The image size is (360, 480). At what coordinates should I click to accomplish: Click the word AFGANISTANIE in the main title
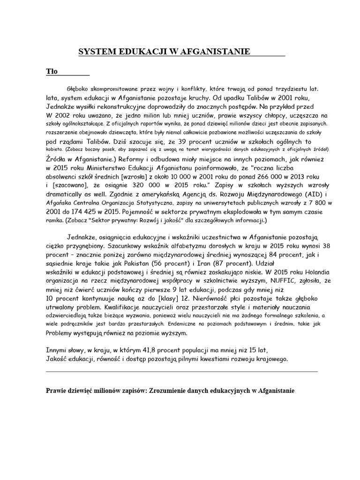pos(214,52)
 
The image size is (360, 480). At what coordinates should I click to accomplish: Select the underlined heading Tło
pos(52,72)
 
